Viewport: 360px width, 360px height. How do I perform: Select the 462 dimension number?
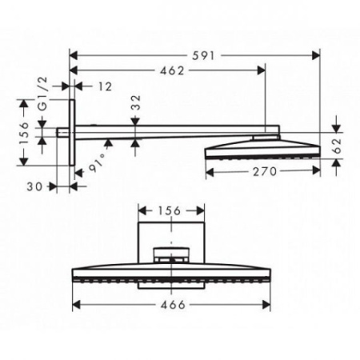167,70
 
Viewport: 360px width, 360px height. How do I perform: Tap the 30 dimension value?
31,186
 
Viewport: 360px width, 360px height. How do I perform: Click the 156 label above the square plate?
168,211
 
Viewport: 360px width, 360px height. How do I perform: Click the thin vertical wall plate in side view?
73,133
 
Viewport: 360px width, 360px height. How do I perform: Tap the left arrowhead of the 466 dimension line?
77,305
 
